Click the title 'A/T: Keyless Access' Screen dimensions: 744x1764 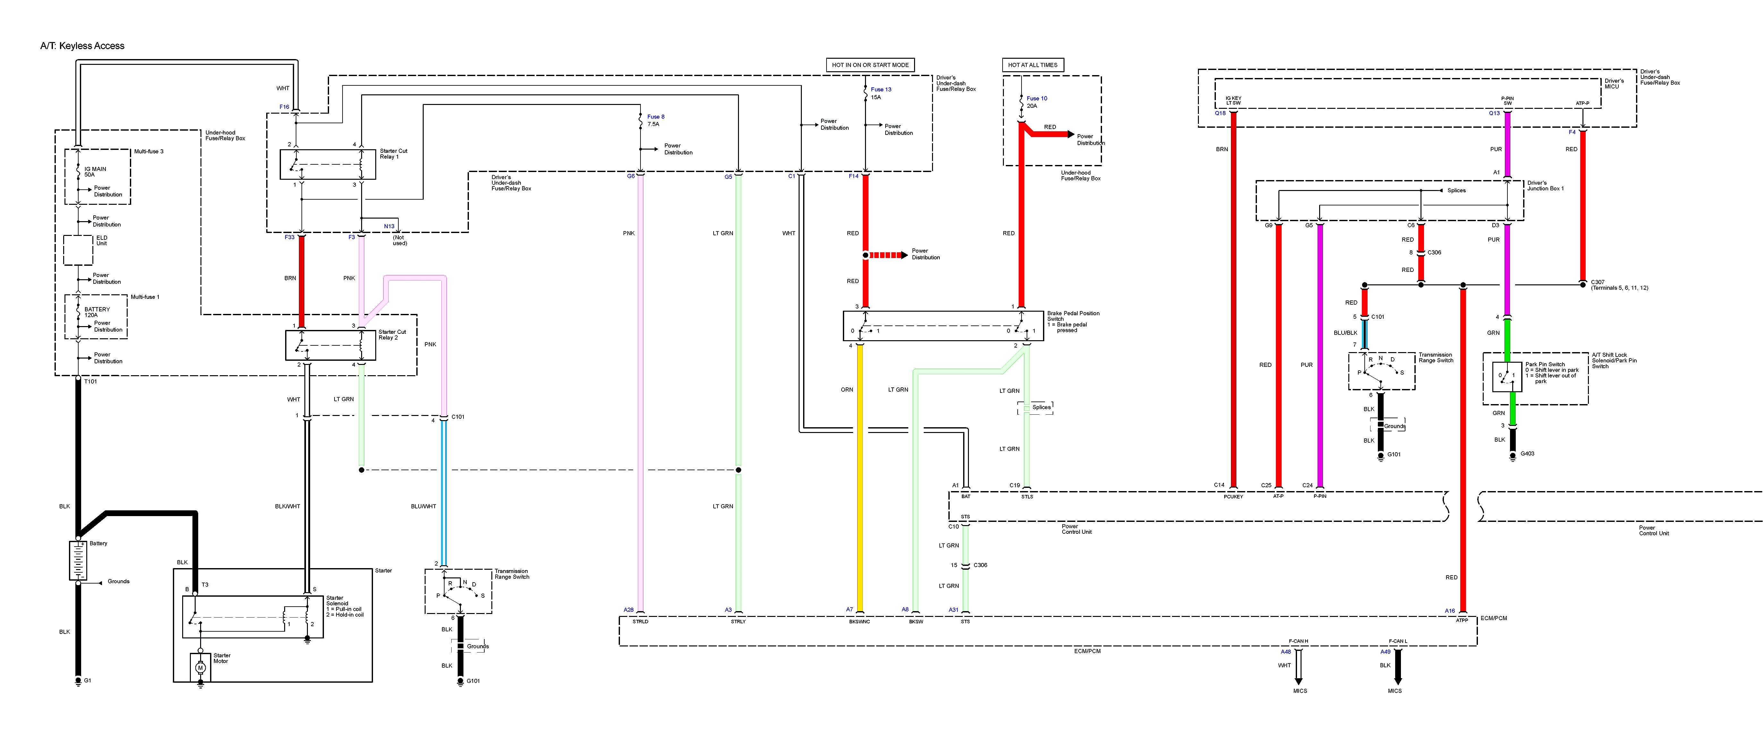click(82, 46)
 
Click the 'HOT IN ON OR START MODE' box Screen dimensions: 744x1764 click(870, 65)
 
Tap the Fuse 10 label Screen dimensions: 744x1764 click(1037, 99)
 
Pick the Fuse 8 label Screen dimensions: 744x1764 click(655, 117)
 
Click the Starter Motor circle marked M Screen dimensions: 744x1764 click(201, 667)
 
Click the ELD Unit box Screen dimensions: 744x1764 click(78, 250)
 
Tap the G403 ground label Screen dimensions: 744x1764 click(1527, 454)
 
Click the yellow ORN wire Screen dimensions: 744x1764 click(860, 480)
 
